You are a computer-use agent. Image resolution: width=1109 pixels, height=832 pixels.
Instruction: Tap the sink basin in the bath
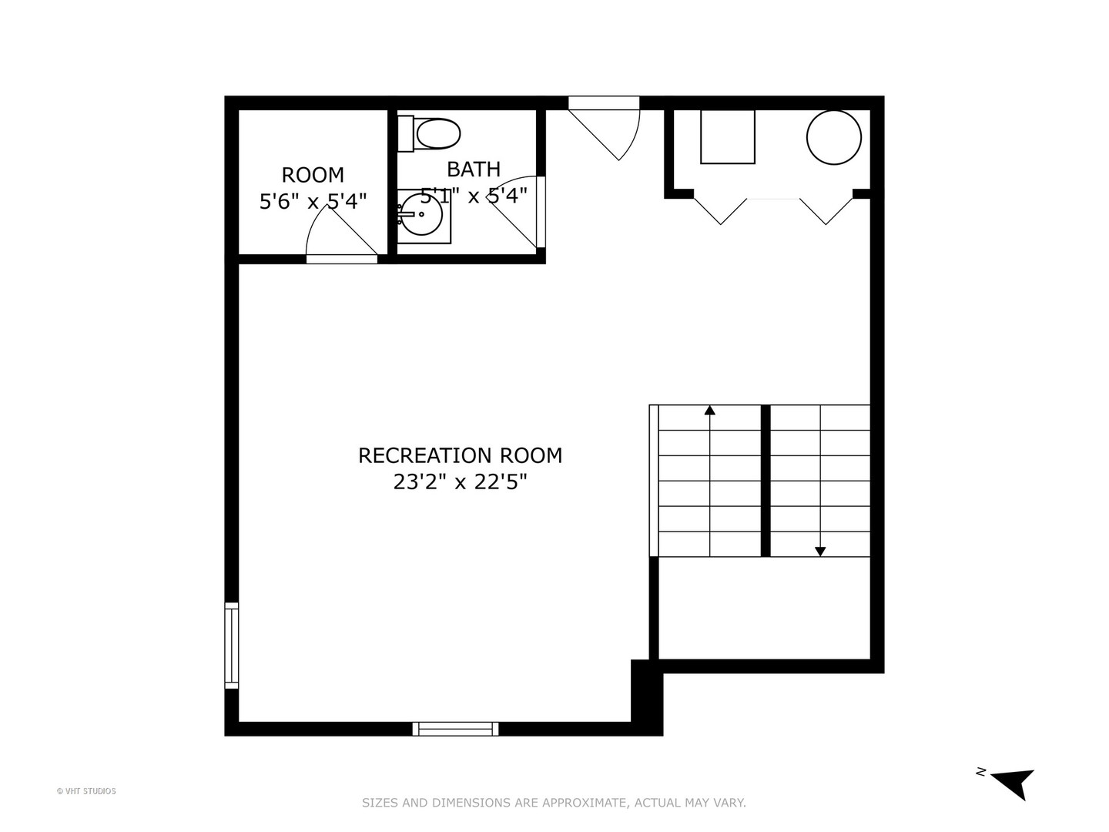(421, 215)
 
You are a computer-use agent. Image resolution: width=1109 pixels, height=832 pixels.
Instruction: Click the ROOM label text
(313, 175)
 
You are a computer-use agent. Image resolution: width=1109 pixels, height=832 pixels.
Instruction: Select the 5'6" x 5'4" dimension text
(313, 202)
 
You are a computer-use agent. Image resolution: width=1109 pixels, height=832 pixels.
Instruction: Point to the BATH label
(474, 169)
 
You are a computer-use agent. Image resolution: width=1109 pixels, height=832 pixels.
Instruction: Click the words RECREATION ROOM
(460, 455)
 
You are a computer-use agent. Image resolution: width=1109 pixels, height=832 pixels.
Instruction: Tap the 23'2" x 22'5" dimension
(460, 482)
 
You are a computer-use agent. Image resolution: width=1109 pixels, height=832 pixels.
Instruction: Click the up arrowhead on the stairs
(709, 411)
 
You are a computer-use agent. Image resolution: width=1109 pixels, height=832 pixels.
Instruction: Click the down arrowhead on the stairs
(820, 551)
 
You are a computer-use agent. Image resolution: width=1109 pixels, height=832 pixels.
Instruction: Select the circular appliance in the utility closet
(833, 137)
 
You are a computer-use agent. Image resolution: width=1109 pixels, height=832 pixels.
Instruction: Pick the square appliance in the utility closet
(727, 136)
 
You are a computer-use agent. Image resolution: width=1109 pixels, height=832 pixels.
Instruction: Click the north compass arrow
(1014, 783)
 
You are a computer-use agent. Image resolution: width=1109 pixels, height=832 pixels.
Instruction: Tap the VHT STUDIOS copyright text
(86, 791)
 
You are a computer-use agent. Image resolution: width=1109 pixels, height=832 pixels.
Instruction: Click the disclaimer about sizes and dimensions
(554, 803)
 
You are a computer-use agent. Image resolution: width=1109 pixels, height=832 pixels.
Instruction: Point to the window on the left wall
(231, 646)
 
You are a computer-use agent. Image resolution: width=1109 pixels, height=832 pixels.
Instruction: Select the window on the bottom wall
(455, 729)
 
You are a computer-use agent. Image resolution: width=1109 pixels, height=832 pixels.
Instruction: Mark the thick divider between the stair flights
(766, 480)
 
